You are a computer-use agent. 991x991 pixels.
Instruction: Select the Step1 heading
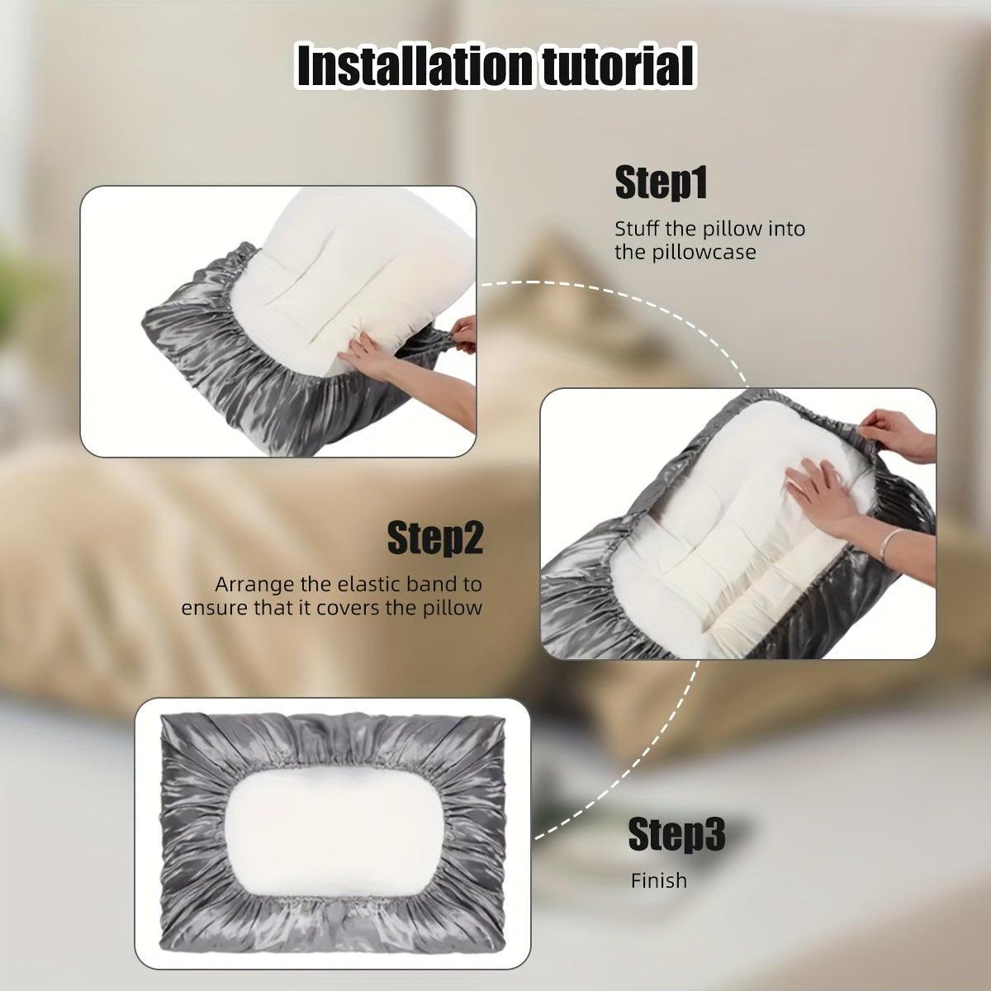click(x=661, y=183)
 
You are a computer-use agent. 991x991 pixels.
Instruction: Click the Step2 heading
click(x=435, y=538)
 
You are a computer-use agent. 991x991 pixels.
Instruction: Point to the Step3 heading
click(x=676, y=834)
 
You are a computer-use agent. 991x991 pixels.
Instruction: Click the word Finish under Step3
click(x=659, y=881)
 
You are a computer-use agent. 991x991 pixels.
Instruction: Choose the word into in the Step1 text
click(x=786, y=228)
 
